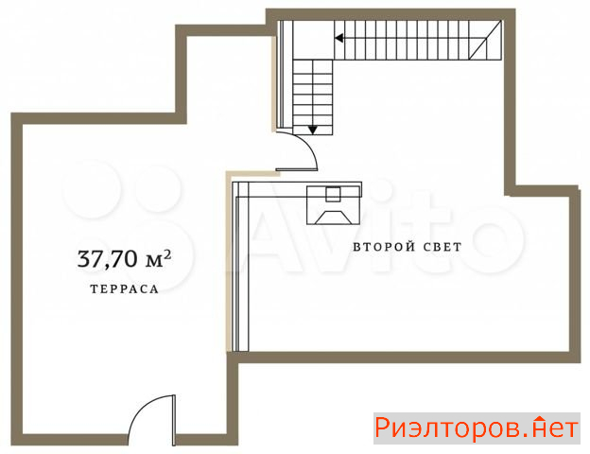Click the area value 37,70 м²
124,258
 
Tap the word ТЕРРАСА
124,289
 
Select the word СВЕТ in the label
442,247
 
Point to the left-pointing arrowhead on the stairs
339,38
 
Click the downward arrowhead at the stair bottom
313,131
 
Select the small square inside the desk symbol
333,194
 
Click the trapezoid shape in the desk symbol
334,218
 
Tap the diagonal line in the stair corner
485,41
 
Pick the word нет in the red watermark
556,428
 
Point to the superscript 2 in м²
167,254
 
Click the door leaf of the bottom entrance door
174,420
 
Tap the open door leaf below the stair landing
297,170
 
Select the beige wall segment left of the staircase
274,83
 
